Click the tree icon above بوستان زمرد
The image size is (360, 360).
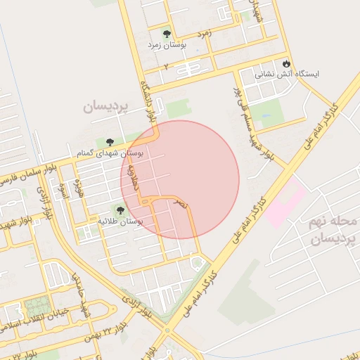pos(167,34)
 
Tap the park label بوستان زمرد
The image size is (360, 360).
pos(166,44)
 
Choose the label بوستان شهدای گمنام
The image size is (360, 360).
pos(110,152)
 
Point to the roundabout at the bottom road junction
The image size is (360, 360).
pos(167,330)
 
